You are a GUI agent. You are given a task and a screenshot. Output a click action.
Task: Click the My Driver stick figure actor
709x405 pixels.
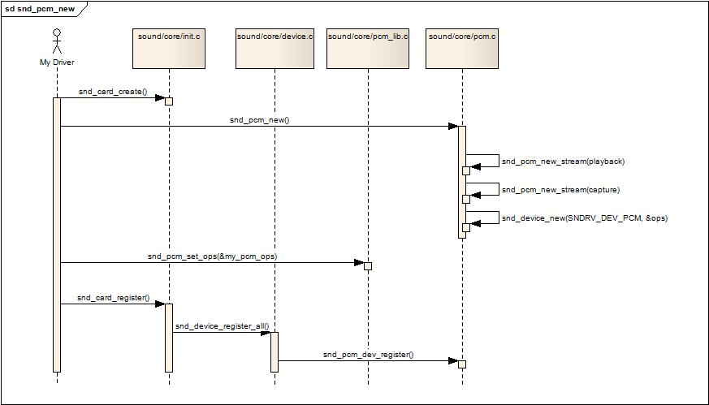pos(57,42)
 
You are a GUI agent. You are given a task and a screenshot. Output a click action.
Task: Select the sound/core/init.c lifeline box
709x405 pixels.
pos(169,48)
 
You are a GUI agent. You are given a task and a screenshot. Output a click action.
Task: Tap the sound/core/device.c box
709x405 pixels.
pos(275,48)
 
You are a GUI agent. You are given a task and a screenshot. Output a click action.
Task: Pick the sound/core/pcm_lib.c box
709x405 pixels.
pos(368,48)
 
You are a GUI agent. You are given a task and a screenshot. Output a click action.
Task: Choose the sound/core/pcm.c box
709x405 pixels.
pos(462,48)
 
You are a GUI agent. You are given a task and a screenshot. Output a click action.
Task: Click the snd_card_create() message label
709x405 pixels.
pos(113,92)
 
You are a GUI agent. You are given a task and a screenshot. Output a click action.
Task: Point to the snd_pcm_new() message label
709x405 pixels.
pos(259,120)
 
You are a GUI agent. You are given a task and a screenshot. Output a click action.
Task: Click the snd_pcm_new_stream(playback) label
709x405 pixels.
pos(563,162)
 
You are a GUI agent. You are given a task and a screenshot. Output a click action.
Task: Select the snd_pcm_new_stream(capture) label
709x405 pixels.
pos(560,190)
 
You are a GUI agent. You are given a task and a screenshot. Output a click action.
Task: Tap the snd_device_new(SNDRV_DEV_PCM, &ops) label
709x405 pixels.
pos(584,218)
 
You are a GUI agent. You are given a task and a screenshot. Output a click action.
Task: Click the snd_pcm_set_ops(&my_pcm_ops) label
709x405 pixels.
pos(212,256)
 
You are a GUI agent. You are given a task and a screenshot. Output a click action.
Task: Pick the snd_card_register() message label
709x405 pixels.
pos(114,298)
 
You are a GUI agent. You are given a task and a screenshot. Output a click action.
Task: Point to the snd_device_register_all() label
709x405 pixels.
pos(222,326)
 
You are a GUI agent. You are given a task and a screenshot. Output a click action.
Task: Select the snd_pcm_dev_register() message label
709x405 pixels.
pos(368,355)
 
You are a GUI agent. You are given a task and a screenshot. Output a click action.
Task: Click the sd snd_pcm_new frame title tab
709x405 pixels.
pos(41,8)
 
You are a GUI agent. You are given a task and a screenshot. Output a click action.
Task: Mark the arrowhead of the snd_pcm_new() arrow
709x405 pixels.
pos(453,127)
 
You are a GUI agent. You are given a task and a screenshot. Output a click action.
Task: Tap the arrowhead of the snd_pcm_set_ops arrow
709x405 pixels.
pos(359,263)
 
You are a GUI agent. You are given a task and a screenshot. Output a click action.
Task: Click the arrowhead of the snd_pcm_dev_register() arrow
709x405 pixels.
pos(453,361)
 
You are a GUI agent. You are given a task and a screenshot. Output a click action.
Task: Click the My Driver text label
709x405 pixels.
pos(57,62)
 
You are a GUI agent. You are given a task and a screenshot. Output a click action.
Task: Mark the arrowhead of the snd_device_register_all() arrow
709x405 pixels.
pos(266,333)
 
